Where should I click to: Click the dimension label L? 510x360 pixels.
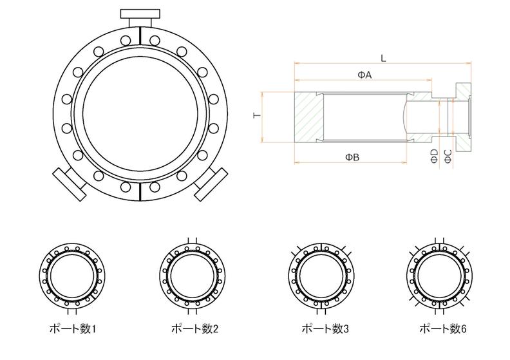click(x=382, y=58)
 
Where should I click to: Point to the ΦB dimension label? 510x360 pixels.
click(x=352, y=156)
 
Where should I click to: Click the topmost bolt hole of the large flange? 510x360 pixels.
click(x=126, y=41)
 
